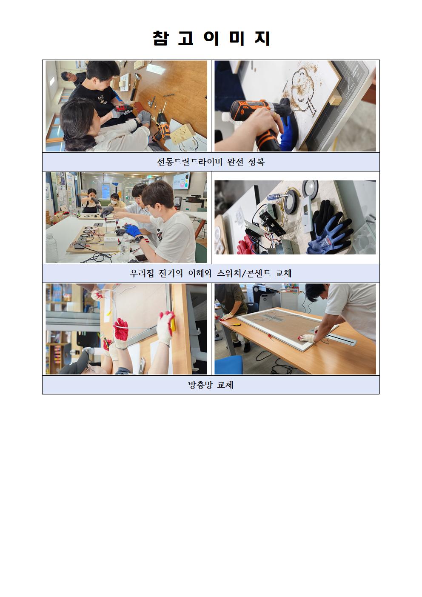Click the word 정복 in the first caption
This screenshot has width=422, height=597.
click(x=256, y=162)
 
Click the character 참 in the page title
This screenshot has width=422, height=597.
click(x=161, y=38)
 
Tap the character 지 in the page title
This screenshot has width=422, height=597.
click(x=262, y=38)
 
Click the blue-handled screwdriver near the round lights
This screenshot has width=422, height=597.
click(x=277, y=197)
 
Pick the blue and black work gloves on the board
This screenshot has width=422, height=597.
click(x=329, y=229)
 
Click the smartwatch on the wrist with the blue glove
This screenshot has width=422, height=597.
click(x=138, y=238)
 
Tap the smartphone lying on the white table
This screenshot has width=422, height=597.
click(x=142, y=258)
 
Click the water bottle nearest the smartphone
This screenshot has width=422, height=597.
click(x=125, y=248)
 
